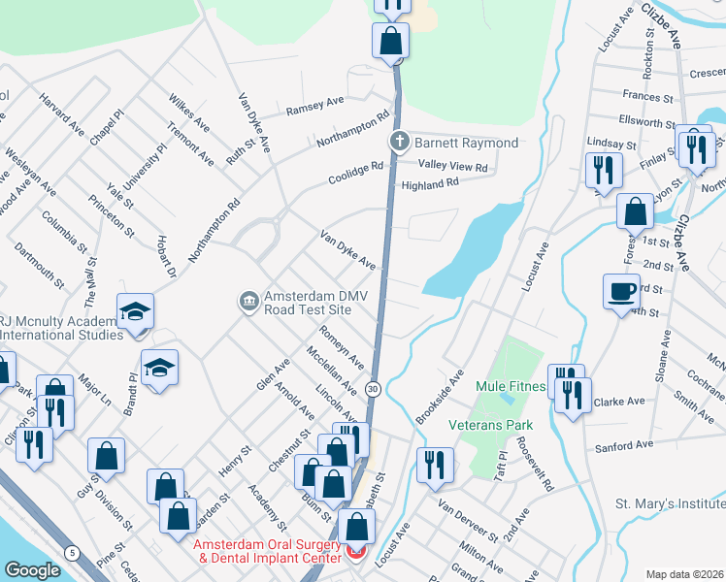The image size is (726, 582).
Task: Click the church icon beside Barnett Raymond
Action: point(398,144)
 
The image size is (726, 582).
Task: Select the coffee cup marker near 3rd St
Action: point(621,290)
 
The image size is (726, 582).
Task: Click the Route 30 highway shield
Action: point(373,389)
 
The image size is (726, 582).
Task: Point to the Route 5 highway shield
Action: point(72,553)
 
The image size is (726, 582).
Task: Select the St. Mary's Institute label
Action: point(670,504)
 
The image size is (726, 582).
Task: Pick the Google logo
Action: point(32,570)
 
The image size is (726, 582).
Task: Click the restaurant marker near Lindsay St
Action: point(604,170)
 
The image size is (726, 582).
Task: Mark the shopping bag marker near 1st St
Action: point(635,211)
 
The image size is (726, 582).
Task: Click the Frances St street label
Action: point(648,97)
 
